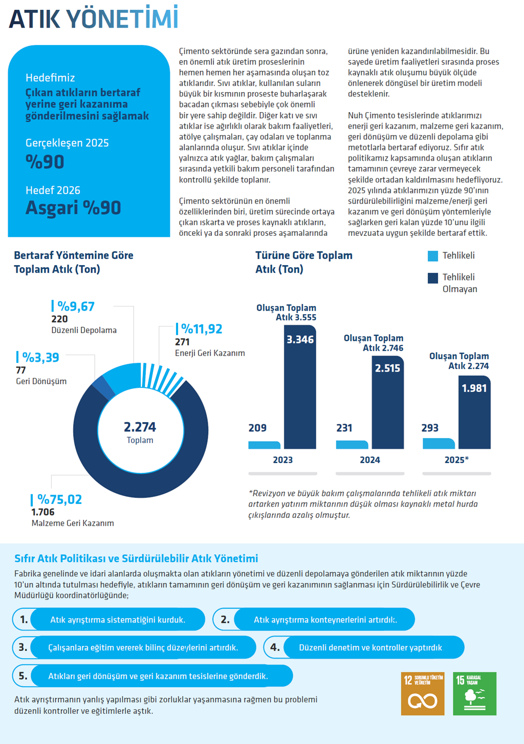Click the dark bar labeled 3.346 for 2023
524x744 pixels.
[300, 387]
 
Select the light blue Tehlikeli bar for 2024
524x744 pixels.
[352, 445]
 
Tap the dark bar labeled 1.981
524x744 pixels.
[474, 412]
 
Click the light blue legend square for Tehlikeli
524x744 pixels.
[433, 256]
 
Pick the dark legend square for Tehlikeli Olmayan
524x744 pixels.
[433, 278]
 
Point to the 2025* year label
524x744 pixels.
[456, 459]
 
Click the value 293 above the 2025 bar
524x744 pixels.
[430, 428]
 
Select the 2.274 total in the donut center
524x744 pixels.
[140, 427]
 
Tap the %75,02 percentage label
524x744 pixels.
[59, 499]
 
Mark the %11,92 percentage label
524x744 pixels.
[202, 329]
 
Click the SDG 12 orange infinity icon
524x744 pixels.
[422, 693]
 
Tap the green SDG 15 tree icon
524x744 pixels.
[474, 693]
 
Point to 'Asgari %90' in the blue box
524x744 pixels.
[73, 208]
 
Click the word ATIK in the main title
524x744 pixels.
[34, 19]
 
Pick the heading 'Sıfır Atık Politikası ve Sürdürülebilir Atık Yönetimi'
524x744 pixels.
[136, 558]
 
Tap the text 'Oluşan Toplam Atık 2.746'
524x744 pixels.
[374, 343]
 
